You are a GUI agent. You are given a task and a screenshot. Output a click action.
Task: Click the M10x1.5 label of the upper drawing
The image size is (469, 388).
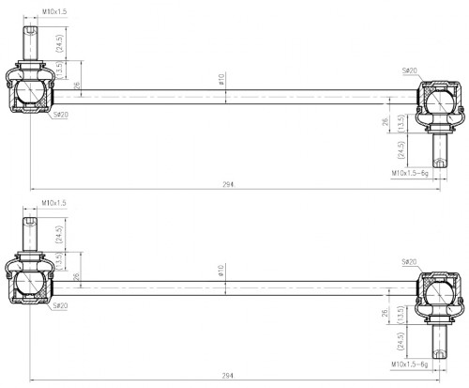click(54, 11)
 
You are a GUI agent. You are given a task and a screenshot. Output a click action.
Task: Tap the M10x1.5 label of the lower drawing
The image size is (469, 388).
click(54, 203)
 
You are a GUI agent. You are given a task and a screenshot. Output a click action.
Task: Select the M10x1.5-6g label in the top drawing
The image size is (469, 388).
click(410, 173)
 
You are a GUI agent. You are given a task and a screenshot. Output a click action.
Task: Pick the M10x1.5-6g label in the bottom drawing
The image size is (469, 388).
click(409, 365)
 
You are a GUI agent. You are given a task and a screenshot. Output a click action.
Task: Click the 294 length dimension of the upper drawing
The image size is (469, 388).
click(229, 184)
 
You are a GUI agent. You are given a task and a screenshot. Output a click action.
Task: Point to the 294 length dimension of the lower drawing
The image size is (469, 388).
click(229, 376)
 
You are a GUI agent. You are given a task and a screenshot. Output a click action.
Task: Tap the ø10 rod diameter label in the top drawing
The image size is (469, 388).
click(221, 79)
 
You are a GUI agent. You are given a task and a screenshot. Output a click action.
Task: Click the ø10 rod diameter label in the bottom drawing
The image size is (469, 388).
click(221, 271)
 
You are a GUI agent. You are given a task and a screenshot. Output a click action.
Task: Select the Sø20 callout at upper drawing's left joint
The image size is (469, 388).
click(61, 115)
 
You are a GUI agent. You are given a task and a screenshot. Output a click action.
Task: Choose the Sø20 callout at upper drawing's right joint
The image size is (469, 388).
click(410, 70)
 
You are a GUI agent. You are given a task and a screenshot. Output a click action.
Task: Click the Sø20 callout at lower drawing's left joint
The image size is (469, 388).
click(60, 305)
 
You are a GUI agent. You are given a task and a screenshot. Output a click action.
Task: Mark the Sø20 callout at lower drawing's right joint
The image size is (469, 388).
click(409, 262)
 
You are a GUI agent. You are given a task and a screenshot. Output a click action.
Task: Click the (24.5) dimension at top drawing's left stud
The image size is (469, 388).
click(59, 43)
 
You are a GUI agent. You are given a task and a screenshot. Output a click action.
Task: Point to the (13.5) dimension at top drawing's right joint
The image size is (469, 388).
click(401, 123)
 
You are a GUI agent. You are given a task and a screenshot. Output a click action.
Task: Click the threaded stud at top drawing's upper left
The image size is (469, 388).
click(30, 43)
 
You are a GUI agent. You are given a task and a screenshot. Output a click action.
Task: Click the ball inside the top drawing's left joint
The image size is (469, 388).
click(30, 90)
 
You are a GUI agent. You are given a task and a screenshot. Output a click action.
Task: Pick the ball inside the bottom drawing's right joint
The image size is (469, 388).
click(440, 292)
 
